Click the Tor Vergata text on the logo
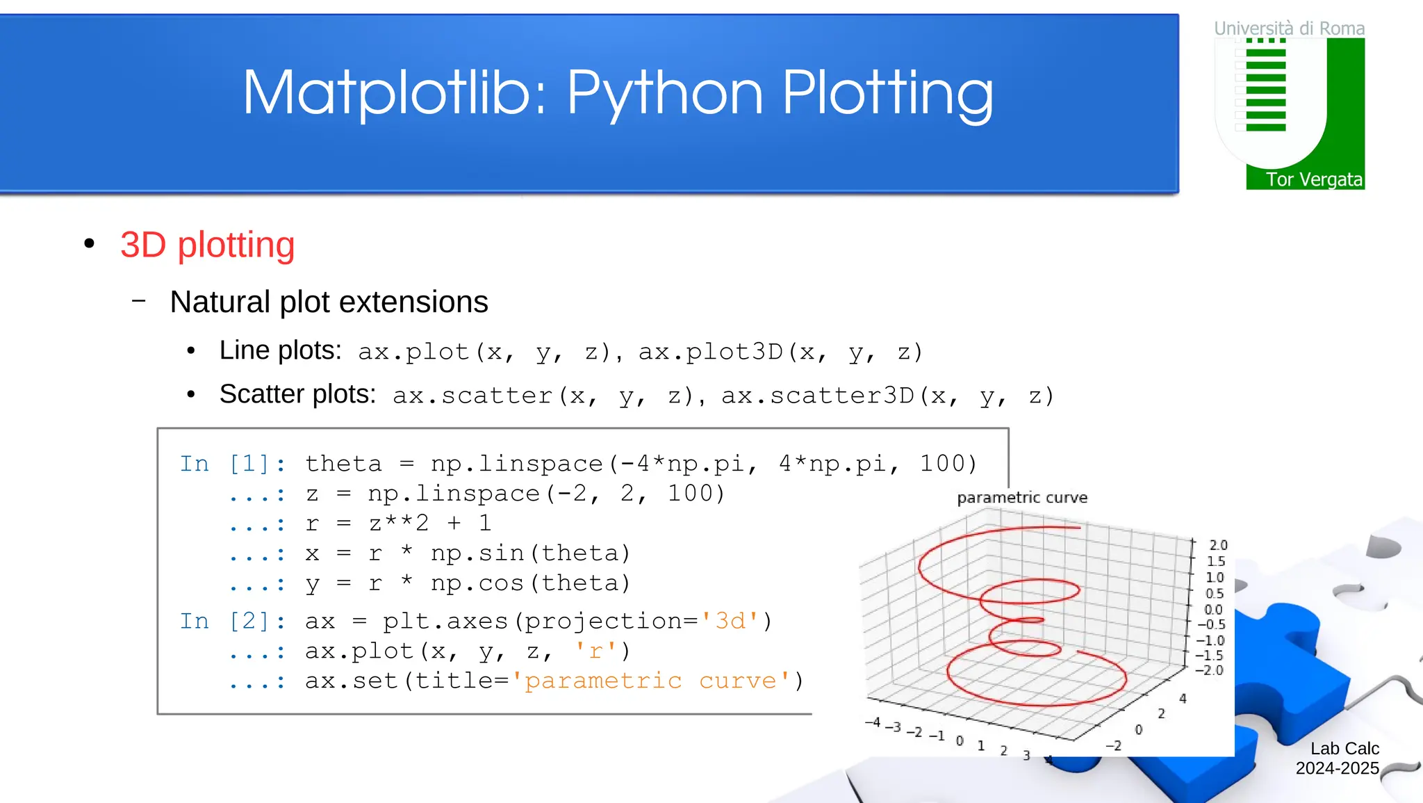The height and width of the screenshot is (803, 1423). pyautogui.click(x=1313, y=179)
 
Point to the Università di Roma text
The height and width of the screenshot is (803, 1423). pyautogui.click(x=1289, y=29)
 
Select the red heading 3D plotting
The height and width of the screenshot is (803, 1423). pyautogui.click(x=207, y=245)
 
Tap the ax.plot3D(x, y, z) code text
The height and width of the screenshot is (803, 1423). pyautogui.click(x=780, y=352)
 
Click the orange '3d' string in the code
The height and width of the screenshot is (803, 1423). pyautogui.click(x=730, y=621)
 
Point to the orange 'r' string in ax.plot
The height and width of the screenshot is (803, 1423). pyautogui.click(x=595, y=651)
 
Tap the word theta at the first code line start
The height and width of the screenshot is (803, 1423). pyautogui.click(x=343, y=464)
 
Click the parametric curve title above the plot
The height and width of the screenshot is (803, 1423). pyautogui.click(x=1021, y=498)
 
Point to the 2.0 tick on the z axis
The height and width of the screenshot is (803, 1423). pyautogui.click(x=1218, y=545)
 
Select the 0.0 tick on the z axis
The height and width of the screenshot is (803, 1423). pyautogui.click(x=1213, y=609)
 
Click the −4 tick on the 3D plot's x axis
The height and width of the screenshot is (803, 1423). pyautogui.click(x=873, y=722)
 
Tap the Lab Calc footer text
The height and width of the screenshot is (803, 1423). pyautogui.click(x=1344, y=749)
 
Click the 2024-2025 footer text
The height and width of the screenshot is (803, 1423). pyautogui.click(x=1337, y=768)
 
